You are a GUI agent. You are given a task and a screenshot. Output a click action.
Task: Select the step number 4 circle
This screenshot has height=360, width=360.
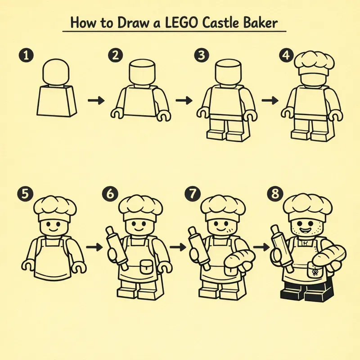tap(284, 55)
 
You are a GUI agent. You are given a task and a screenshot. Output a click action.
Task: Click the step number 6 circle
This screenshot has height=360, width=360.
tap(110, 194)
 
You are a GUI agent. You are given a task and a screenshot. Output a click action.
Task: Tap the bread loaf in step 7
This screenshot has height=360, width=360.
tap(238, 260)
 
